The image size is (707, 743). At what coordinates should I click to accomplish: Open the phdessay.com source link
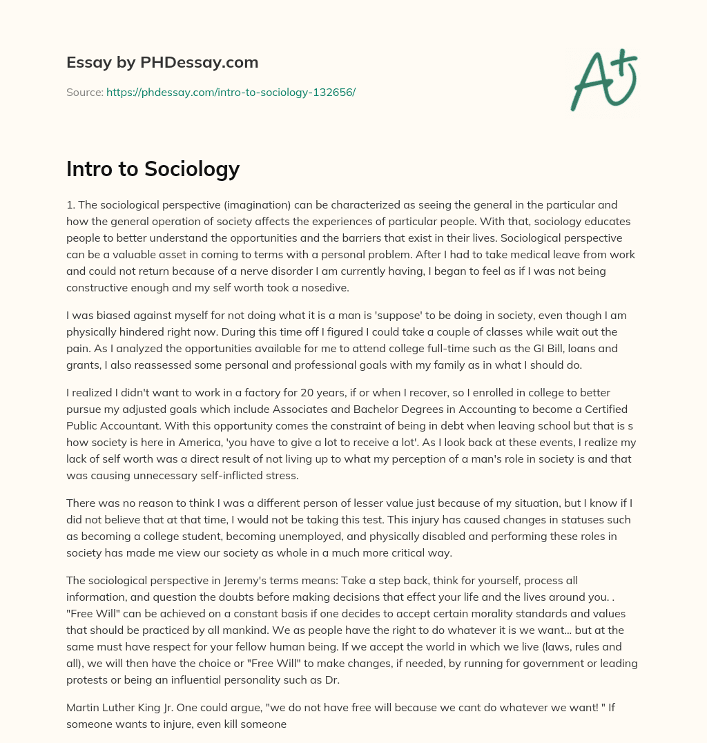pos(231,92)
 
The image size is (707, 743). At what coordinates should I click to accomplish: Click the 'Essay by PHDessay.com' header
pos(162,62)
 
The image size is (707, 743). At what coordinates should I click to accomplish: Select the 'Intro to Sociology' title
pos(153,168)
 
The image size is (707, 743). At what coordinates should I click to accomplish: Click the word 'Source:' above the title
pos(84,92)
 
